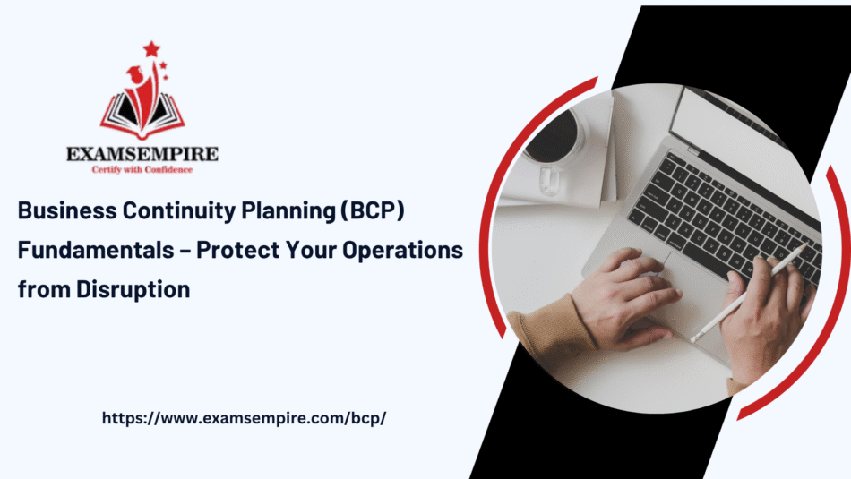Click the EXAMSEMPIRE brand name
pyautogui.click(x=142, y=154)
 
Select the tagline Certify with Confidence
pyautogui.click(x=142, y=168)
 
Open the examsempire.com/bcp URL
pyautogui.click(x=244, y=418)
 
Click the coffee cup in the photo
pyautogui.click(x=553, y=142)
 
